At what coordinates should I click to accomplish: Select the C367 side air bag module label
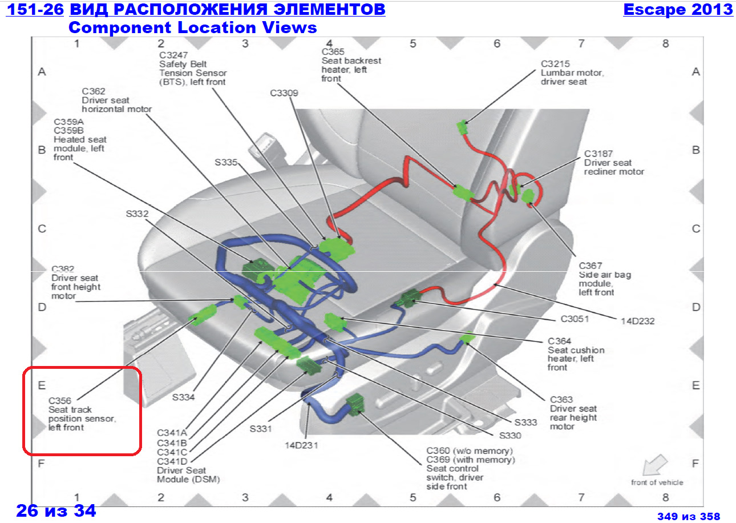597,279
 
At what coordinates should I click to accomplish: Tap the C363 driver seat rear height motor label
573,413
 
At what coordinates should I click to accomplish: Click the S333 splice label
526,423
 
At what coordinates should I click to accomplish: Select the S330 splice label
510,435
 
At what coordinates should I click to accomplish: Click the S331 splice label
260,428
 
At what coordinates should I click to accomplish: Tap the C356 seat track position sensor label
82,414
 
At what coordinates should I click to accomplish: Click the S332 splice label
137,214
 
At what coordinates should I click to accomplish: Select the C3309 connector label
284,93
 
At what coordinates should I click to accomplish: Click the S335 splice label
225,162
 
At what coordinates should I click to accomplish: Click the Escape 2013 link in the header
678,10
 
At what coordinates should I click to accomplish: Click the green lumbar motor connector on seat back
463,127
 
